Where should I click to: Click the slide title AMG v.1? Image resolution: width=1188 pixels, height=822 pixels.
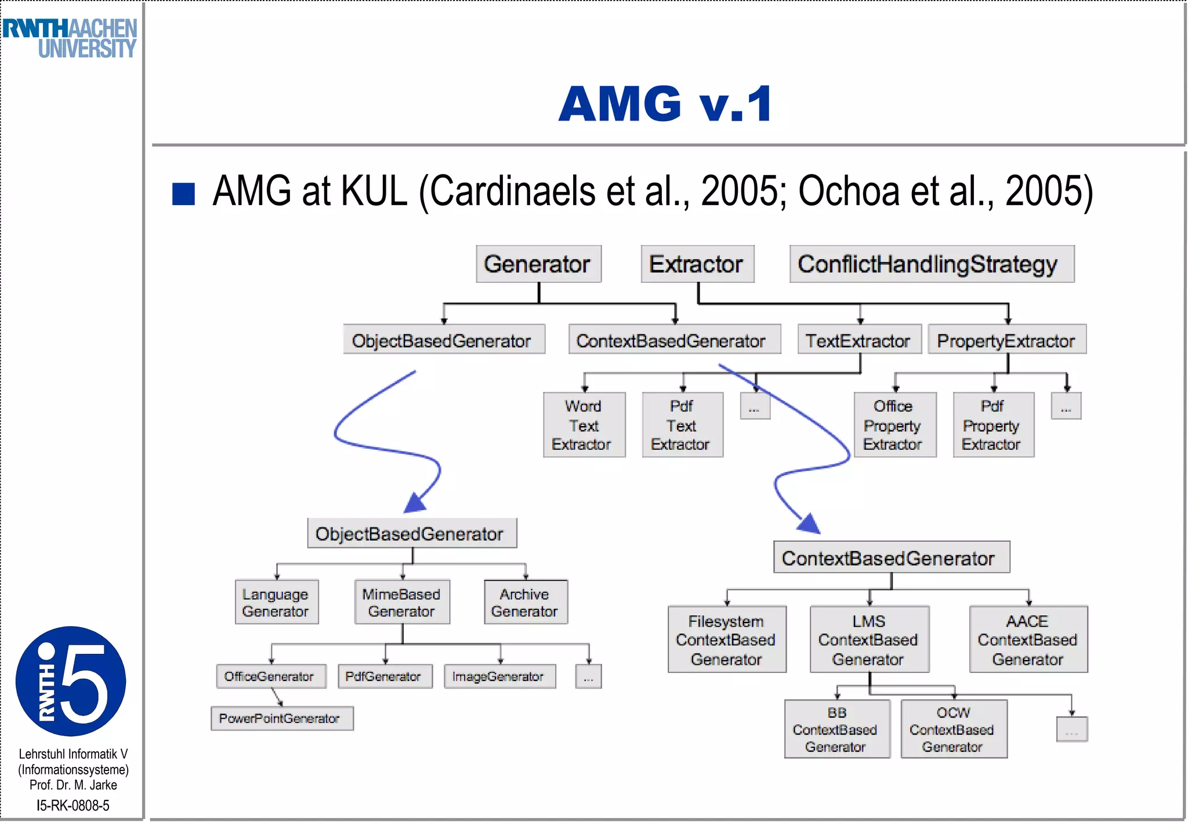click(x=665, y=104)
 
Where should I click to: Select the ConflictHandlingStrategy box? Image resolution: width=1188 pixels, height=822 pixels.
click(x=931, y=264)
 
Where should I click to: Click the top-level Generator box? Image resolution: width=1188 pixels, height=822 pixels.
click(x=538, y=264)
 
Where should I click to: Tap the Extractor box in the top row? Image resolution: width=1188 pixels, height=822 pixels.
click(x=697, y=264)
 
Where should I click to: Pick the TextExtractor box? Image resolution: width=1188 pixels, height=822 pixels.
click(x=859, y=340)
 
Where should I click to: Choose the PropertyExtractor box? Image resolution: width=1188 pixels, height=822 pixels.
click(x=1006, y=340)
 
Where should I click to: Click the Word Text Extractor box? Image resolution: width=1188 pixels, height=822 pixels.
click(x=583, y=425)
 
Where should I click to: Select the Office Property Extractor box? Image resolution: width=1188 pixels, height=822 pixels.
click(x=894, y=425)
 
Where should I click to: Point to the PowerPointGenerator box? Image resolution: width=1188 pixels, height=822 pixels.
click(x=281, y=718)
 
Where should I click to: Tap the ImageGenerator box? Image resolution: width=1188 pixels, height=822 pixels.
click(x=499, y=676)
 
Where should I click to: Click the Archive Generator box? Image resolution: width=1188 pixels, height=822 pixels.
click(x=525, y=602)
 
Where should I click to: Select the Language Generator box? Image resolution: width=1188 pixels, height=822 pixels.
click(x=276, y=602)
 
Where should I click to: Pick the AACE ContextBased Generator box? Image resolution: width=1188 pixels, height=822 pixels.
click(x=1027, y=639)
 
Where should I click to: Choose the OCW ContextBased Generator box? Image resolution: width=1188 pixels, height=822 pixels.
click(x=953, y=729)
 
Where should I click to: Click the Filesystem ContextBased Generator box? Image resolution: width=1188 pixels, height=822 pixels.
click(x=726, y=639)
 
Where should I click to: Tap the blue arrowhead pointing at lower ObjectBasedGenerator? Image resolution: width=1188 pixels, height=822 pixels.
click(x=415, y=503)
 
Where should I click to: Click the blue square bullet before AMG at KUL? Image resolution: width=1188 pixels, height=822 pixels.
click(x=183, y=194)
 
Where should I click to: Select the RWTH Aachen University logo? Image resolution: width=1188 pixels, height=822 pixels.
click(x=70, y=38)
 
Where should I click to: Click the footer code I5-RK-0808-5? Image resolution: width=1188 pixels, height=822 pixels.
click(x=73, y=805)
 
